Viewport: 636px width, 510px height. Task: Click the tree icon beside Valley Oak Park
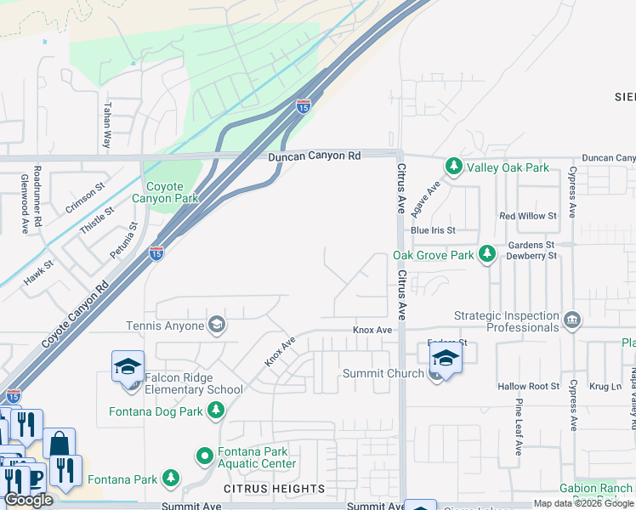pyautogui.click(x=454, y=167)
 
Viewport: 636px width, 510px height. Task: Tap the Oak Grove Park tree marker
pyautogui.click(x=487, y=254)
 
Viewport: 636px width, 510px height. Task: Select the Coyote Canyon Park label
pyautogui.click(x=172, y=192)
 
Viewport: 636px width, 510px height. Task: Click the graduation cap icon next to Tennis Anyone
pyautogui.click(x=217, y=325)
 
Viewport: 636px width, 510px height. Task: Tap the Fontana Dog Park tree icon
pyautogui.click(x=217, y=411)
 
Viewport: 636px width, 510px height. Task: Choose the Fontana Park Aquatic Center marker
pyautogui.click(x=205, y=456)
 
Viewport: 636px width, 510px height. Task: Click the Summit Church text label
pyautogui.click(x=383, y=373)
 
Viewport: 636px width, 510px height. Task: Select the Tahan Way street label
pyautogui.click(x=107, y=126)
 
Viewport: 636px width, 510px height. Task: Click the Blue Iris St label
pyautogui.click(x=433, y=230)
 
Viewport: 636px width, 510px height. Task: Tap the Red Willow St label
pyautogui.click(x=527, y=216)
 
